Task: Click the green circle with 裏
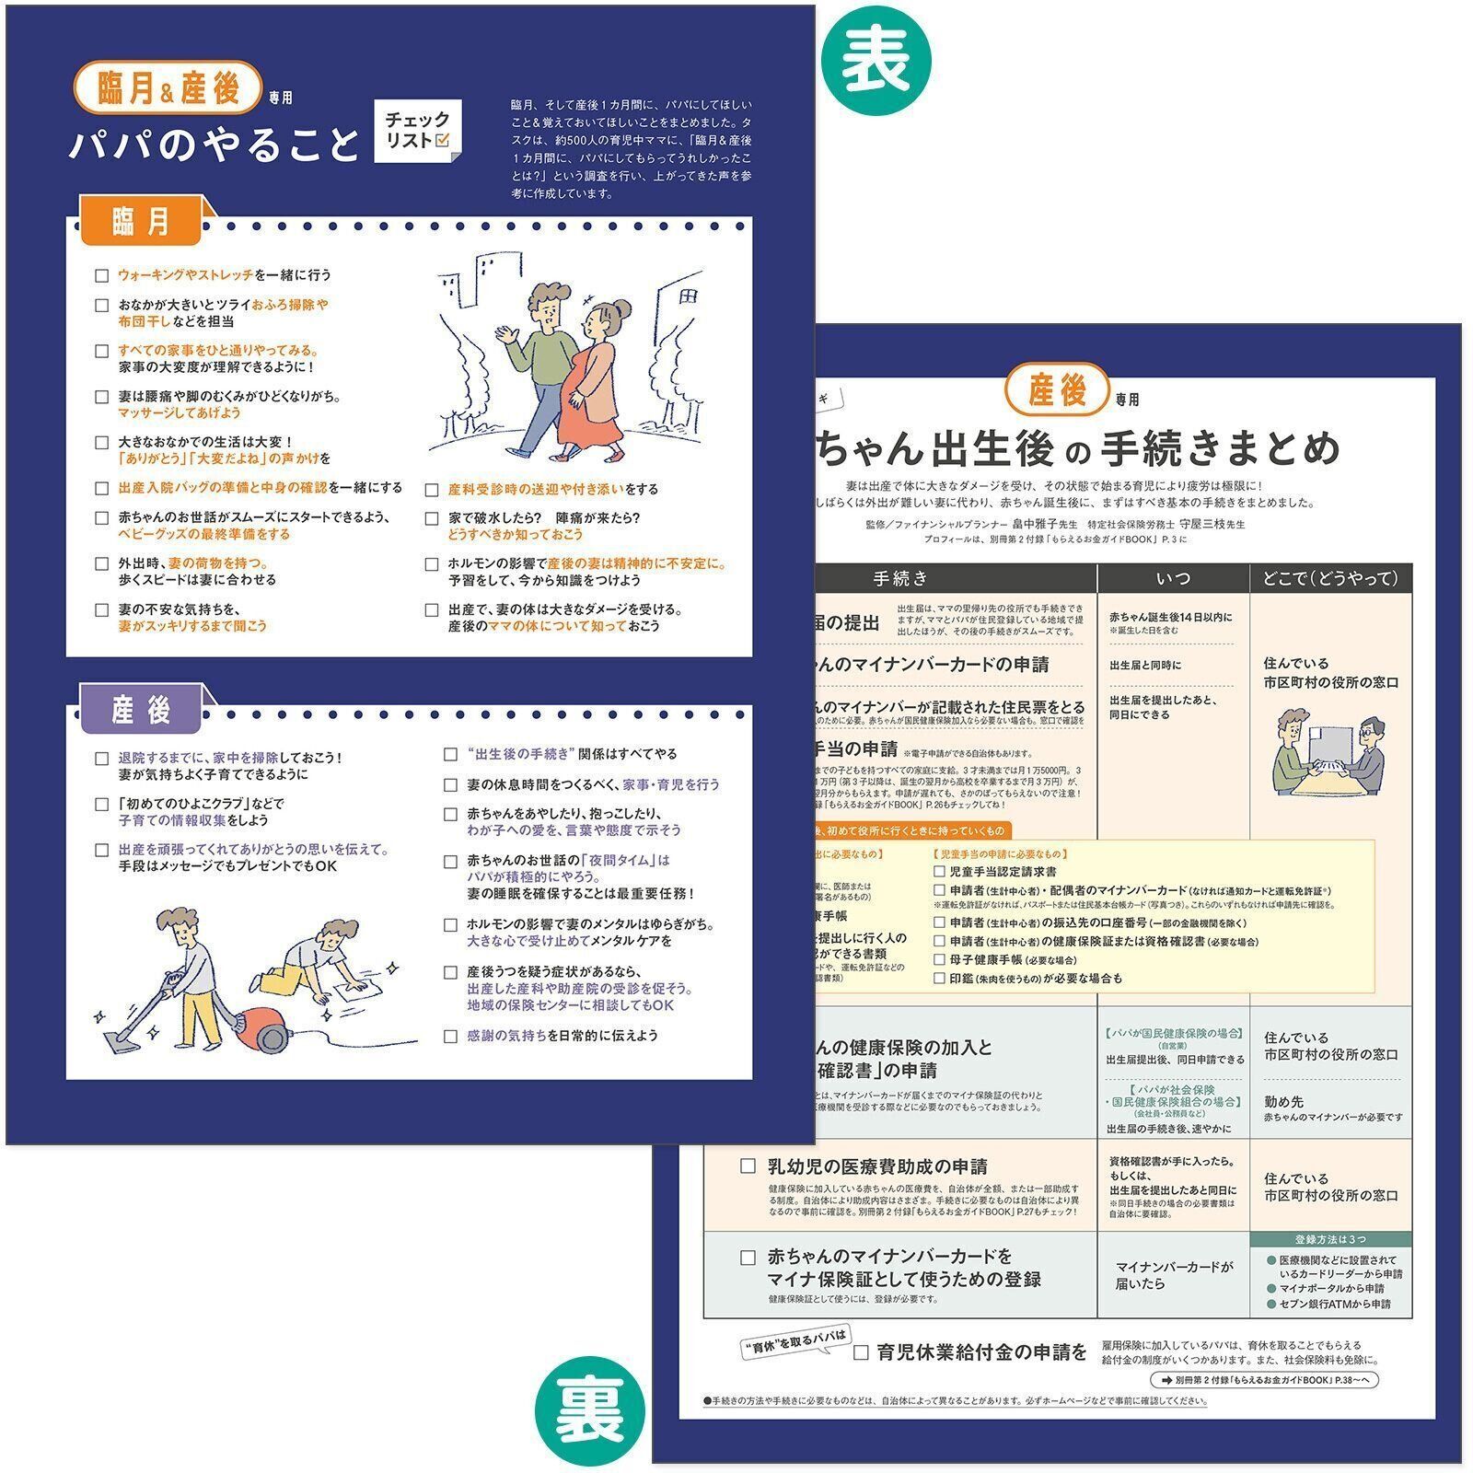click(x=590, y=1413)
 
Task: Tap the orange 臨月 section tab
click(x=141, y=221)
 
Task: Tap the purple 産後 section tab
click(x=141, y=710)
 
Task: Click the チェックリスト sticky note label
click(x=418, y=131)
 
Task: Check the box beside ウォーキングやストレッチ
click(x=102, y=275)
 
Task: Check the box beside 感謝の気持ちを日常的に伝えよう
click(x=450, y=1036)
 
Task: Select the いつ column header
click(x=1172, y=578)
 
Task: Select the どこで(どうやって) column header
click(x=1330, y=578)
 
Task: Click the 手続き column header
click(x=900, y=578)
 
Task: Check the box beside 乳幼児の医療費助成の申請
click(x=748, y=1166)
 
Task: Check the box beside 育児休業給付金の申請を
click(x=861, y=1352)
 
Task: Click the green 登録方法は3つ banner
click(x=1330, y=1239)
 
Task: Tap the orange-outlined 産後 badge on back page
click(x=1058, y=391)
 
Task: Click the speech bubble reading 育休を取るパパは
click(x=795, y=1343)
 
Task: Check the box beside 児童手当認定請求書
click(x=939, y=871)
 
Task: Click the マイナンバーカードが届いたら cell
click(x=1172, y=1275)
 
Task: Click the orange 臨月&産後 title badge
click(x=168, y=87)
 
